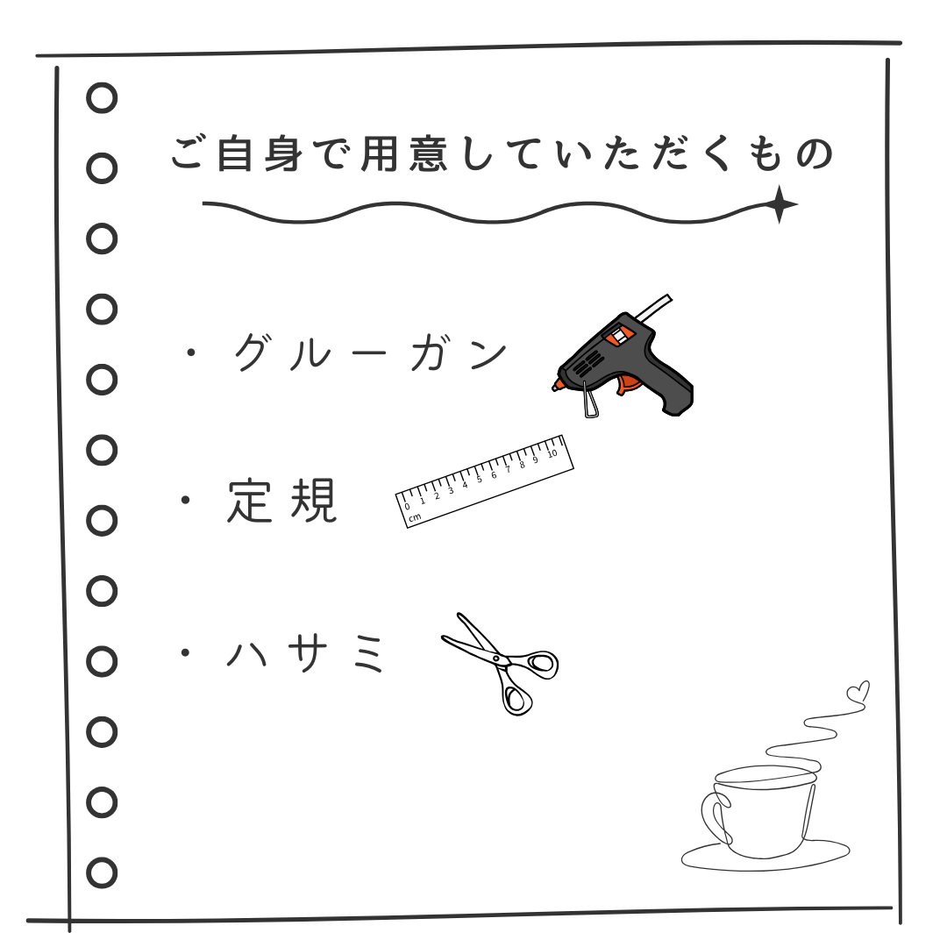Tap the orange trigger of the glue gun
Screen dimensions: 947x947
628,384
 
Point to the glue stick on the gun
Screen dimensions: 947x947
653,308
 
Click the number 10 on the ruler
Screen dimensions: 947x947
552,453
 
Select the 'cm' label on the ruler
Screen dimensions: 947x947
414,517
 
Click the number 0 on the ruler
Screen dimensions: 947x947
407,506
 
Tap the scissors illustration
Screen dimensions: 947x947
500,664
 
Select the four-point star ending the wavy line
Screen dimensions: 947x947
780,204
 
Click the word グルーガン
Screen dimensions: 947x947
371,352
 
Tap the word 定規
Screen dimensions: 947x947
282,501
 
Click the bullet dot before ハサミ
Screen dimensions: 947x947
186,653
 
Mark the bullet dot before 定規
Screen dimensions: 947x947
186,500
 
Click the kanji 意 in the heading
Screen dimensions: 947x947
428,153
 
